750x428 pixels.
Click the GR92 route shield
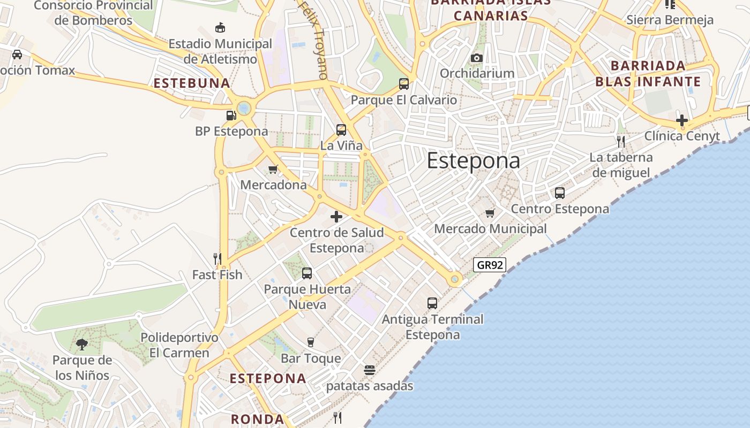tap(490, 264)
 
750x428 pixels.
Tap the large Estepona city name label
tap(473, 161)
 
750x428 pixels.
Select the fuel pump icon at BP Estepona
tap(231, 115)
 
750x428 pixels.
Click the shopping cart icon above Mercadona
tap(273, 170)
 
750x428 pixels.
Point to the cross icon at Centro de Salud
tap(336, 217)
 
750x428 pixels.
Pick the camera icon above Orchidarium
tap(477, 58)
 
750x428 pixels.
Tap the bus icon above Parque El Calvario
tap(404, 84)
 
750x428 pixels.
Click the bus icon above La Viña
tap(341, 130)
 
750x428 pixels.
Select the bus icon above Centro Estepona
tap(560, 193)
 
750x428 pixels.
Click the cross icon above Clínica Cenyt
tap(682, 120)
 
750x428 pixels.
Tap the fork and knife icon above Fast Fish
tap(217, 259)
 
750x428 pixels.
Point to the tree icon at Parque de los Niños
tap(82, 344)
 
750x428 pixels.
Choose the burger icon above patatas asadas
tap(369, 370)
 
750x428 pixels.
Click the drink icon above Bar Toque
tap(310, 342)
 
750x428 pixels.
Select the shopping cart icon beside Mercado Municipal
tap(490, 213)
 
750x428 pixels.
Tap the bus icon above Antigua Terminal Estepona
tap(432, 303)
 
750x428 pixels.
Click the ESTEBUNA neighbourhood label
tap(192, 83)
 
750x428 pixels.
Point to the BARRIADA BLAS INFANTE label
tap(648, 74)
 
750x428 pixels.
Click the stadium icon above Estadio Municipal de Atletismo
tap(220, 27)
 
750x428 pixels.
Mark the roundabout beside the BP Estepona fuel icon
tap(244, 109)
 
